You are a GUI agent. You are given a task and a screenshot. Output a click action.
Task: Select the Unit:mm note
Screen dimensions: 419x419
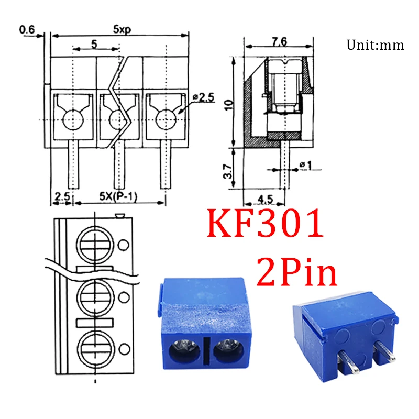point(375,45)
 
